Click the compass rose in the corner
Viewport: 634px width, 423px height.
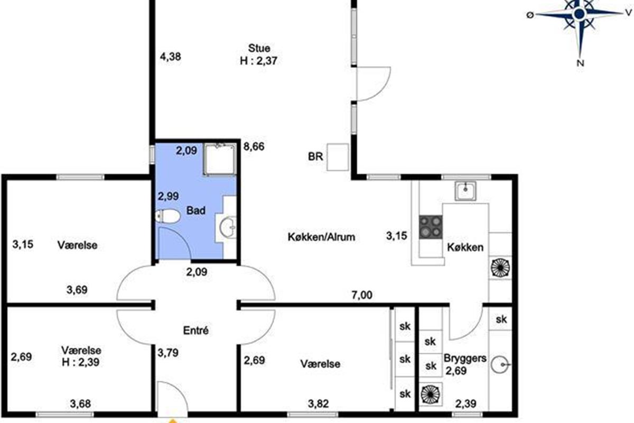coord(580,14)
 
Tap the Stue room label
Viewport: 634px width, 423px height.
coord(259,48)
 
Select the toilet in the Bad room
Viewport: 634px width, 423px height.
coord(167,217)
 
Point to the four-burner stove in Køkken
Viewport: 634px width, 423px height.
coord(431,227)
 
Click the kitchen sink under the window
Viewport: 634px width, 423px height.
coord(465,191)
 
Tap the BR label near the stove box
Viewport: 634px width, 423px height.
coord(315,157)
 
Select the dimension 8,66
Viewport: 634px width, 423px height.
coord(254,147)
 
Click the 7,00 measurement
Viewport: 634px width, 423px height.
coord(362,295)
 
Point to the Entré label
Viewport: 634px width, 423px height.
coord(196,330)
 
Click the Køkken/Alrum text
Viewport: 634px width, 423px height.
coord(321,237)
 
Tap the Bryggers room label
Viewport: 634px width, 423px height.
coord(465,358)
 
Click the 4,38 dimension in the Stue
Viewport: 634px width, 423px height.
coord(170,57)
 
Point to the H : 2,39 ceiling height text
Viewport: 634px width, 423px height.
coord(81,362)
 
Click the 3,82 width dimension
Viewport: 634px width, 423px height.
coord(319,404)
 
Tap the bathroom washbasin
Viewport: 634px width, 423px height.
coord(228,227)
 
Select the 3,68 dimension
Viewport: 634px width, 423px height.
coord(80,404)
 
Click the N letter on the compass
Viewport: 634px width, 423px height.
coord(580,63)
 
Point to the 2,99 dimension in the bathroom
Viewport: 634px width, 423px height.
coord(168,196)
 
